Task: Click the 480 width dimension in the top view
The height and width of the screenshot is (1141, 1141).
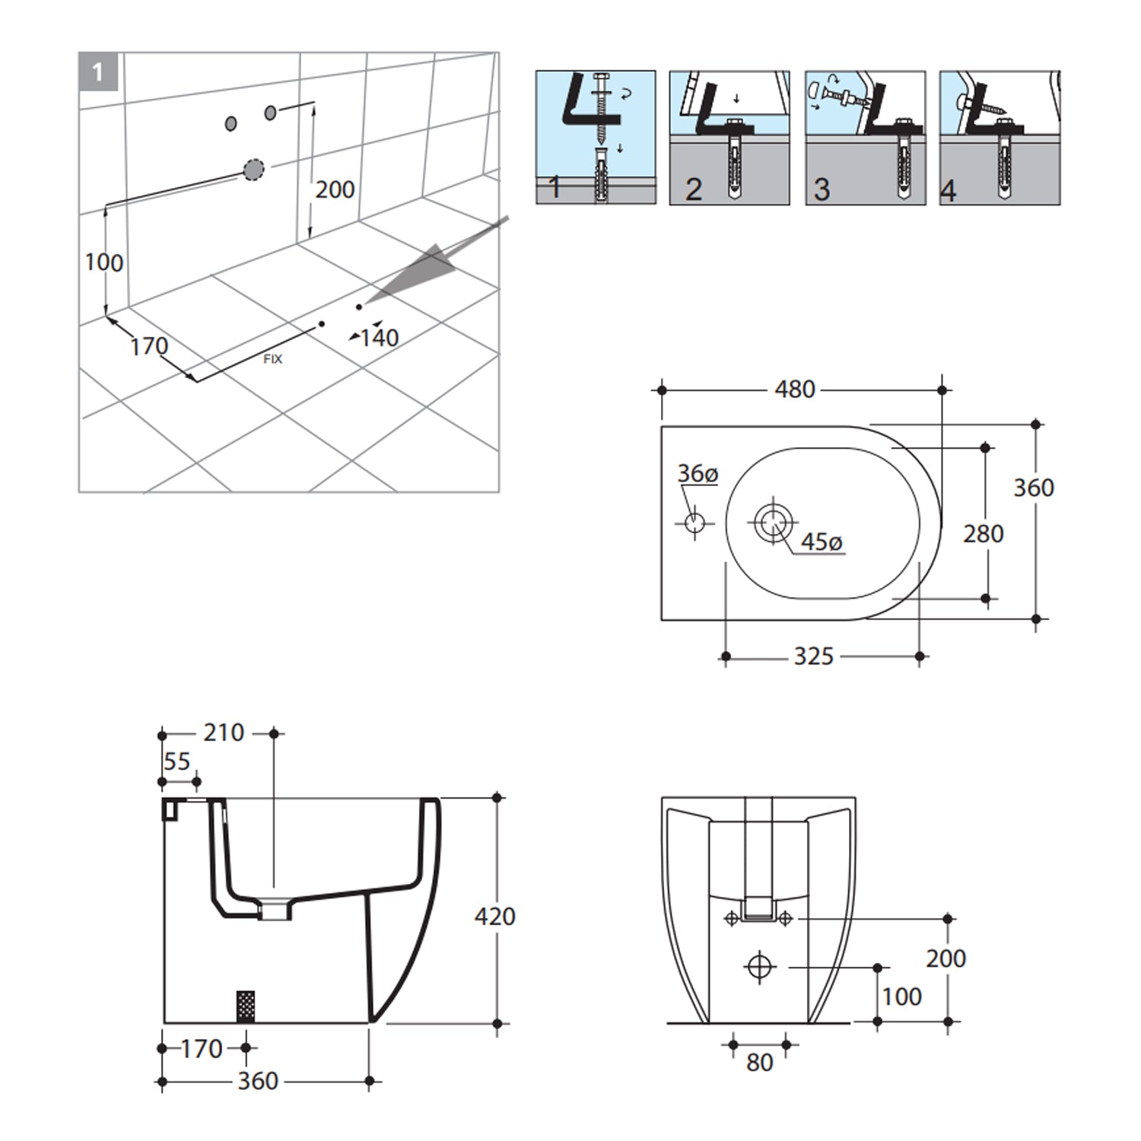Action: pos(795,389)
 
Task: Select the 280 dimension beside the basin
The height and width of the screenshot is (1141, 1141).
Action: pos(983,534)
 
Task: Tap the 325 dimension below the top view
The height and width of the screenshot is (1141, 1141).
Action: pos(813,656)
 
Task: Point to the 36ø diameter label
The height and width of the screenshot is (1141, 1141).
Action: pos(698,474)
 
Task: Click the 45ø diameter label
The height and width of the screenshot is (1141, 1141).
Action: pos(822,542)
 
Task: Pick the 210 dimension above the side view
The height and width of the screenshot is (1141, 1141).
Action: pos(224,733)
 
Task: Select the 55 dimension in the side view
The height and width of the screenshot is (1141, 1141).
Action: pos(177,761)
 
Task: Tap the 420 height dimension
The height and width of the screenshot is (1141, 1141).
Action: pos(494,916)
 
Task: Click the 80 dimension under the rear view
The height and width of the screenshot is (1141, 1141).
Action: pos(759,1063)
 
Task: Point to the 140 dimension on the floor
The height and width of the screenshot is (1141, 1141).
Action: pos(379,338)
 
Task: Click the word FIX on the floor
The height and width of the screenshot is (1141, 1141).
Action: pos(272,359)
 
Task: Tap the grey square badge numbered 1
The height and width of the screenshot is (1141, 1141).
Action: pos(98,72)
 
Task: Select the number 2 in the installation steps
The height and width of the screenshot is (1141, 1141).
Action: pos(693,189)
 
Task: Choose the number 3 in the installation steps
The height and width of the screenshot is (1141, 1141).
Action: pos(822,189)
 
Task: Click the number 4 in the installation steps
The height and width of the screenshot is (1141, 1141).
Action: pos(948,190)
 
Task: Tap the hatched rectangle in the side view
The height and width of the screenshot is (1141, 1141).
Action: pos(246,1006)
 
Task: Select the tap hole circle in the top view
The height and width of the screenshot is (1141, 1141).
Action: pos(694,523)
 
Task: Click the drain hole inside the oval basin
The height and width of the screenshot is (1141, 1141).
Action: pos(774,523)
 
